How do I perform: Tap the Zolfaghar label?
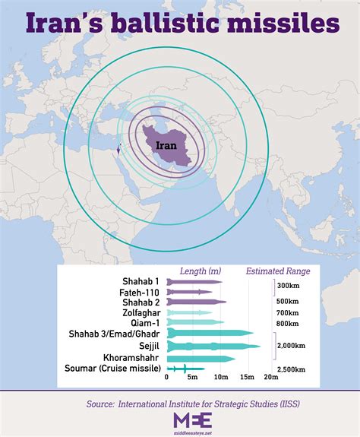(x=141, y=312)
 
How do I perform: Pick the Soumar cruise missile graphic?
(x=185, y=369)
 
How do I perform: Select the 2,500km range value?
(x=291, y=369)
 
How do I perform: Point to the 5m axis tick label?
(x=193, y=378)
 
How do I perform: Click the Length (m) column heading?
(x=200, y=271)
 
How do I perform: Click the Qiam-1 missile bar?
(x=194, y=323)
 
